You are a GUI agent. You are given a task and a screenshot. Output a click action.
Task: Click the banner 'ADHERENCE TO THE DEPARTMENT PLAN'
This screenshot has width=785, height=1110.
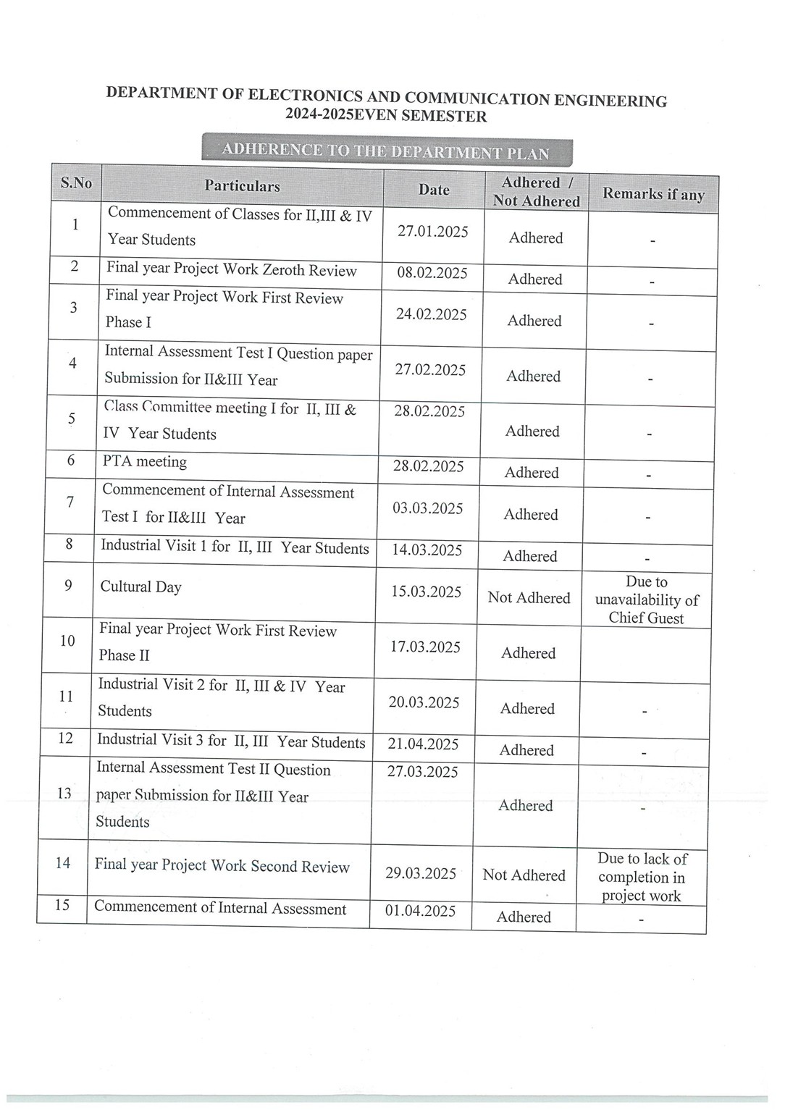point(386,152)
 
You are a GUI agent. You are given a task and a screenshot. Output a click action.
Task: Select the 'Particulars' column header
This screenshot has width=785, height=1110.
point(242,186)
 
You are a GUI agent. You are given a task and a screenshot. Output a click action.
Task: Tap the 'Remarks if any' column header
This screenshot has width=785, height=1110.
point(653,194)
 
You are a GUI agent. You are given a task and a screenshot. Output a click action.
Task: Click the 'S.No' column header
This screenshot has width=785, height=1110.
point(76,182)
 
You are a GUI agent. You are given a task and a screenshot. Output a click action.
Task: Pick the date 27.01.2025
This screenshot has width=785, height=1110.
point(433,231)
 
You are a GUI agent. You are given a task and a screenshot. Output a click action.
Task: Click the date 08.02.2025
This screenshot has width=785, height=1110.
point(432,273)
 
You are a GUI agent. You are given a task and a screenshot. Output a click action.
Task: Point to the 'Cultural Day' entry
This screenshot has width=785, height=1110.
point(141,587)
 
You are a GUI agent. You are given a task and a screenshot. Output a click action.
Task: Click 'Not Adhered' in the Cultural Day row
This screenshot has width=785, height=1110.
point(529,598)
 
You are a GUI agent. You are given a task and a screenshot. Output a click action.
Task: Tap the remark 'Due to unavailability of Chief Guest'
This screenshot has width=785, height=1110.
point(647,600)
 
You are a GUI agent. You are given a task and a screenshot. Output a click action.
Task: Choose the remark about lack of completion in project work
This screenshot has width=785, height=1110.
point(642,877)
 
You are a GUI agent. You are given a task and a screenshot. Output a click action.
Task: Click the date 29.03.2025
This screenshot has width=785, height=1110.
point(421,873)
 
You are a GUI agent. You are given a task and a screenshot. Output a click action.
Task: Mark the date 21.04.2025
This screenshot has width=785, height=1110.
point(424,744)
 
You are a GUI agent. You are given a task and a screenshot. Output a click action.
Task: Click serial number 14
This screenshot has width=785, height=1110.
point(63,863)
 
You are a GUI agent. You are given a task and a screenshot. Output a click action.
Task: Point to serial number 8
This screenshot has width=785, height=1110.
point(69,544)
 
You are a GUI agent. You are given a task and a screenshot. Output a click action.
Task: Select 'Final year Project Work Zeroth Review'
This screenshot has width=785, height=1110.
point(232,269)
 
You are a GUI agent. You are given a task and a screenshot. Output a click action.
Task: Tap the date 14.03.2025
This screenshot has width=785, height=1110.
point(427,550)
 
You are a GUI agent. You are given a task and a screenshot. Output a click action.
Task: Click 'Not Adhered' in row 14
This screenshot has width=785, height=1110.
point(524,875)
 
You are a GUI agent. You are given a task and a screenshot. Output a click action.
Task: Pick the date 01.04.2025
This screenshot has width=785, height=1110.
point(420,911)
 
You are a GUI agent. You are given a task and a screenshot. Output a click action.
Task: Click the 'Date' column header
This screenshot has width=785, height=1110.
point(434,190)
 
